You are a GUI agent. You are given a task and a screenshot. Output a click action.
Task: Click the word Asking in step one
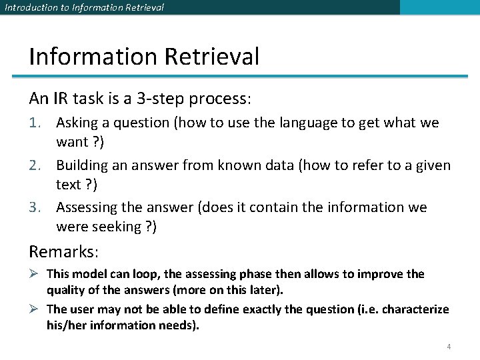pyautogui.click(x=77, y=123)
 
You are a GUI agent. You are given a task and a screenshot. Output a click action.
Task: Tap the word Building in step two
pyautogui.click(x=82, y=165)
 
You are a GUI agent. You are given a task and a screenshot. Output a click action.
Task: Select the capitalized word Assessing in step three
pyautogui.click(x=87, y=207)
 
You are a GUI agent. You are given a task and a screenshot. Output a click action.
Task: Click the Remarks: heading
pyautogui.click(x=63, y=251)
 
